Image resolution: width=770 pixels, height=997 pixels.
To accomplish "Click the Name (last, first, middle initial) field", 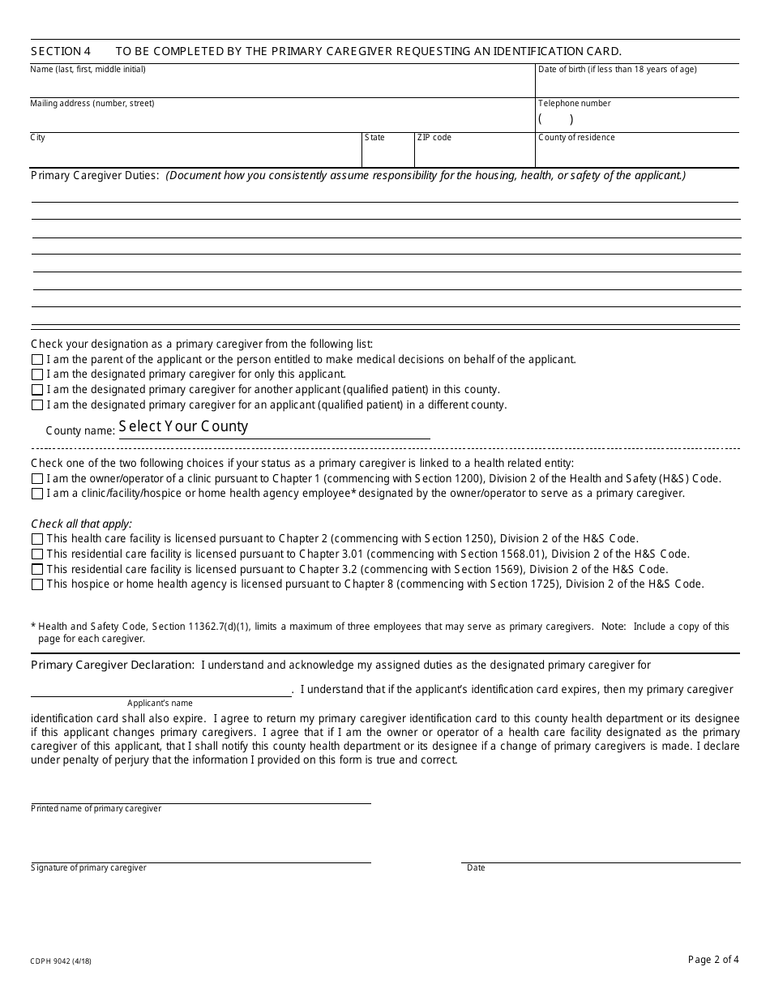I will [x=282, y=86].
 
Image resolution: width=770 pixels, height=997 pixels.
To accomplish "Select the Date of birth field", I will [x=637, y=86].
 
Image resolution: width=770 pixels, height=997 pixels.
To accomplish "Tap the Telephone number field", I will [x=637, y=119].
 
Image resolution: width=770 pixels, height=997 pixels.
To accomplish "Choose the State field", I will [x=387, y=155].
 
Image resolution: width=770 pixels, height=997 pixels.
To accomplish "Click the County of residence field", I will [x=637, y=155].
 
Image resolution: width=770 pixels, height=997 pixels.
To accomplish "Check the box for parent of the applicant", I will [x=37, y=360].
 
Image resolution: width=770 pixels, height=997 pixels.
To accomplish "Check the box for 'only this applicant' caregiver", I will [x=37, y=374].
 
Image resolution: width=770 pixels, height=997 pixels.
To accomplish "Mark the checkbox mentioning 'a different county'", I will [x=37, y=405].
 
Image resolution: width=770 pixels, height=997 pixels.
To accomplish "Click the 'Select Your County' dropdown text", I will [x=183, y=426].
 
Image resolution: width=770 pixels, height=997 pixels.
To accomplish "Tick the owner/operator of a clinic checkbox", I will [x=37, y=479].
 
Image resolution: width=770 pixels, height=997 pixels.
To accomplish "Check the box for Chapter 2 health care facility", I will [x=37, y=539].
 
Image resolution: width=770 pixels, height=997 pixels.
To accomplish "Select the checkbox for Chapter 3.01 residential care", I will [x=37, y=554].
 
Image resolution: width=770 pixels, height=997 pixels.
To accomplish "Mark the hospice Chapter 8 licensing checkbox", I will [x=37, y=584].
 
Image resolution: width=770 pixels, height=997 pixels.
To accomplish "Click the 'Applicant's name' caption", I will [x=160, y=703].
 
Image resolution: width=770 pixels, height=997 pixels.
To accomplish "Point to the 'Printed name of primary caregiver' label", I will [x=96, y=809].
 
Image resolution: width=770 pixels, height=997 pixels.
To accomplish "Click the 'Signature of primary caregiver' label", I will [x=88, y=868].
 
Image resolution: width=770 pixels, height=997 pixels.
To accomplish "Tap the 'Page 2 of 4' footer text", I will [x=713, y=960].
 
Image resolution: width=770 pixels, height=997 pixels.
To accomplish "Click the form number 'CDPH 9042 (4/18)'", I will [x=61, y=961].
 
